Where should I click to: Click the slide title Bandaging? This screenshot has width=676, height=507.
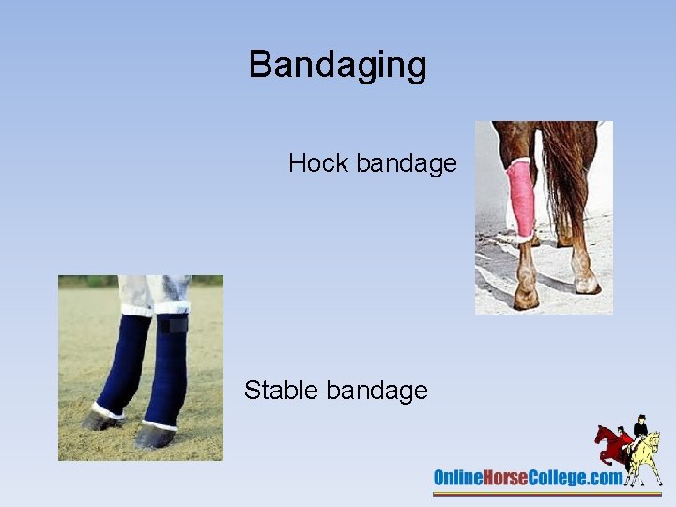click(x=337, y=65)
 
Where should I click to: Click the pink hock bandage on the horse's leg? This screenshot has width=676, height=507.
click(x=519, y=199)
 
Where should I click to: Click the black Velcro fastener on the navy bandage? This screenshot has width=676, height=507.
click(x=172, y=325)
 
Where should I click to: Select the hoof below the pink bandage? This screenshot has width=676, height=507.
click(x=526, y=297)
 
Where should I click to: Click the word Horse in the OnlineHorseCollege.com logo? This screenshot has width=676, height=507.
click(x=509, y=478)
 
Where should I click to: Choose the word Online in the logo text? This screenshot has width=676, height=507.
click(x=457, y=478)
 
